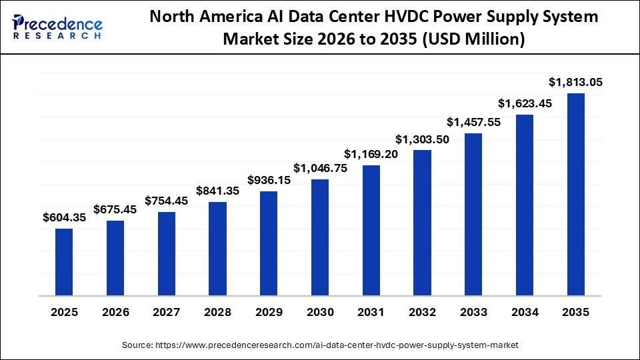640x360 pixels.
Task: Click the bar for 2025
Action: (64, 262)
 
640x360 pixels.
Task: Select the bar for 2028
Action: (217, 249)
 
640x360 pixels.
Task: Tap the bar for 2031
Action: (371, 230)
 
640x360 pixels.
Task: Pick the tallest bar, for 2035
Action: (575, 194)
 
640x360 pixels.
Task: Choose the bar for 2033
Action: (473, 214)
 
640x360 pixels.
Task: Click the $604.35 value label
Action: (64, 217)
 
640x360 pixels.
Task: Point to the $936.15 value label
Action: (269, 180)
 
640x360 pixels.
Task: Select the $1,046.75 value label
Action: (320, 168)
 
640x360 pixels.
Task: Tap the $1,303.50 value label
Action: (422, 139)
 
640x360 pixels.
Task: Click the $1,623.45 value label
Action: (525, 103)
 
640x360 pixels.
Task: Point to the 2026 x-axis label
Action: (115, 312)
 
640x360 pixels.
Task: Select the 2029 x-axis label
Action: (269, 312)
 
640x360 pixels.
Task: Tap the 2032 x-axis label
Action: (422, 312)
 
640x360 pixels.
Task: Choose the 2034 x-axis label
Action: (525, 312)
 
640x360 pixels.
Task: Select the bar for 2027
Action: (167, 253)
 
